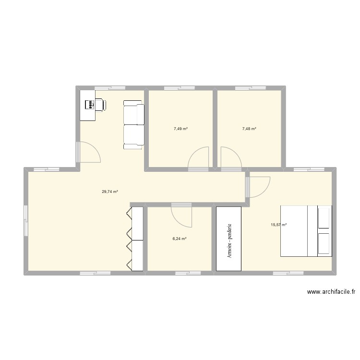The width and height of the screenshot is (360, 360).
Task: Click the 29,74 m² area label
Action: pos(110,192)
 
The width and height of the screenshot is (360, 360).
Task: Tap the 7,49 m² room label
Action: pos(180,129)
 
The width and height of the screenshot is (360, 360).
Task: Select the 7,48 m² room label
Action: pos(249,129)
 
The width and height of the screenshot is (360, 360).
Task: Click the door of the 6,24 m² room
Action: pos(181,214)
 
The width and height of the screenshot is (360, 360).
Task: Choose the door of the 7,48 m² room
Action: pos(231,158)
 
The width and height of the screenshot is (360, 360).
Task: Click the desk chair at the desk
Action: pos(99,104)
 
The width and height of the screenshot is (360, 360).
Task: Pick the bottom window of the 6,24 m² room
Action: pos(188,273)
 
